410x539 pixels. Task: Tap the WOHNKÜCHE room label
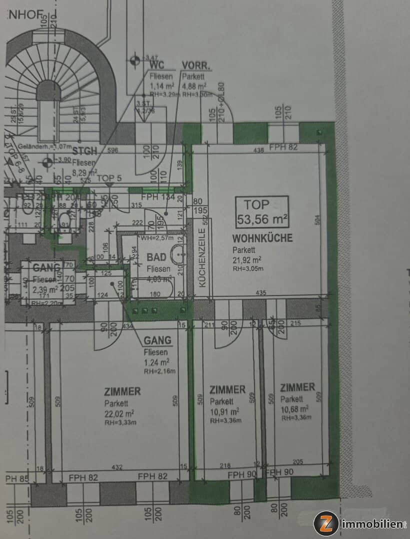pyautogui.click(x=262, y=238)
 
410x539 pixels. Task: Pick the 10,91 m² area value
pyautogui.click(x=224, y=411)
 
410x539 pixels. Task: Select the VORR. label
pyautogui.click(x=195, y=66)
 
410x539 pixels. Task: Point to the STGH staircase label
pyautogui.click(x=83, y=152)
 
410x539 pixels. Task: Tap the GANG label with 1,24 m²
pyautogui.click(x=157, y=341)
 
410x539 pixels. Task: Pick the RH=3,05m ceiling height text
pyautogui.click(x=248, y=268)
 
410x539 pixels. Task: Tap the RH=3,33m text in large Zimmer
pyautogui.click(x=120, y=422)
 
